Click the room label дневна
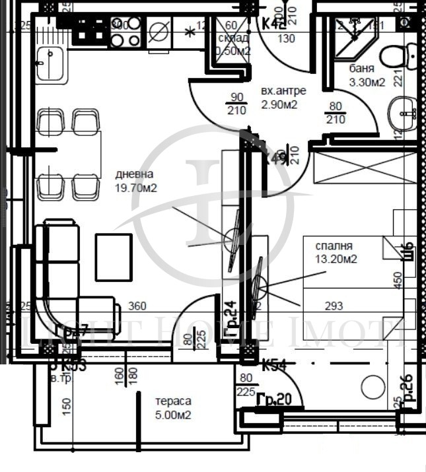(x=134, y=174)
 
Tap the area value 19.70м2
(x=137, y=187)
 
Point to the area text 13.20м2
(x=336, y=259)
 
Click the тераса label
(x=173, y=401)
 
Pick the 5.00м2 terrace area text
(x=173, y=415)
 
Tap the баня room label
(x=363, y=69)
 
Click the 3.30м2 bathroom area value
(x=367, y=82)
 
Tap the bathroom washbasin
(x=403, y=113)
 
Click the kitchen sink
(x=51, y=65)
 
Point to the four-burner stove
(x=125, y=32)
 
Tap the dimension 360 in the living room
(x=137, y=306)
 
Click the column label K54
(x=273, y=365)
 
